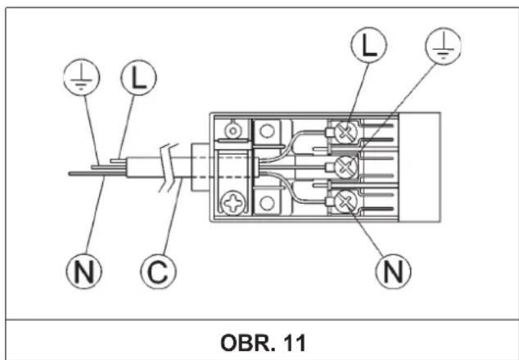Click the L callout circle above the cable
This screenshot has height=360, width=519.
(x=138, y=78)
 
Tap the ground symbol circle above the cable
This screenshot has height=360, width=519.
(x=81, y=78)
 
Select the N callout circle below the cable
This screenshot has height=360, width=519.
(x=84, y=272)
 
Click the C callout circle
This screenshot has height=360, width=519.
(x=159, y=272)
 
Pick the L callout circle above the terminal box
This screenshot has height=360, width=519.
(x=368, y=45)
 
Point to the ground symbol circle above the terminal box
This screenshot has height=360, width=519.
(x=443, y=46)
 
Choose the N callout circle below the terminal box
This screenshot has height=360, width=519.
(x=393, y=272)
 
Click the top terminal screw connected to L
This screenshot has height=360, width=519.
(x=346, y=132)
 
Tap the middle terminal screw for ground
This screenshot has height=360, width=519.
(x=346, y=167)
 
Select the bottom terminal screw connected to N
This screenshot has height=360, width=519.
(x=346, y=201)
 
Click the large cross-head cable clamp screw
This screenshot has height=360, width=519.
(x=233, y=203)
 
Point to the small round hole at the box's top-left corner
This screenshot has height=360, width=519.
(x=233, y=131)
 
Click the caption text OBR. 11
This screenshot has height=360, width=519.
(x=263, y=343)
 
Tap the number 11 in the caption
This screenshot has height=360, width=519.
(x=296, y=343)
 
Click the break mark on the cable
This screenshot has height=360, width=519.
(x=169, y=168)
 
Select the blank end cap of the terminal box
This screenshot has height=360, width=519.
(x=419, y=167)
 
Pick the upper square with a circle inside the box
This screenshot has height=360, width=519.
(x=268, y=132)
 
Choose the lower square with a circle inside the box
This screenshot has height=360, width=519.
(x=268, y=203)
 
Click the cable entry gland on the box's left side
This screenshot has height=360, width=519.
(x=201, y=167)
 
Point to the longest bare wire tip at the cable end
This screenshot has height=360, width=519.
(x=97, y=173)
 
